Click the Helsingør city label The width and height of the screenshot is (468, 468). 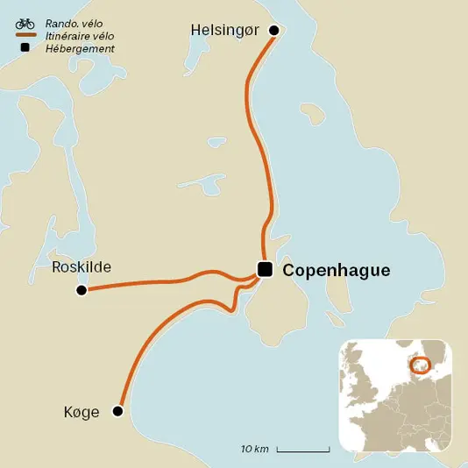[x=225, y=31]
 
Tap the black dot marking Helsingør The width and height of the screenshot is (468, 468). [x=273, y=31]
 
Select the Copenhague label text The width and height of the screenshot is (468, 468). [x=337, y=271]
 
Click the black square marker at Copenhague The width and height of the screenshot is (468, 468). [x=265, y=269]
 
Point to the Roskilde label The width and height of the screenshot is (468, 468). [x=82, y=268]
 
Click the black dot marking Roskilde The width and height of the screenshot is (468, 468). [x=82, y=290]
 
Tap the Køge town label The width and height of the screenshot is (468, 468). [x=82, y=412]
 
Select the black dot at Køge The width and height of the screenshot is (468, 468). [x=117, y=411]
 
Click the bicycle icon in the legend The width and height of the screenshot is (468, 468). [x=25, y=23]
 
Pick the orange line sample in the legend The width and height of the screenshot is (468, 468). [x=25, y=36]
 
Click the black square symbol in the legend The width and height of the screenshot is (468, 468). [x=25, y=48]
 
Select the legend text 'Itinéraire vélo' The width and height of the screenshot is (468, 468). [x=79, y=36]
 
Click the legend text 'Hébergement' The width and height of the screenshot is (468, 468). [x=79, y=48]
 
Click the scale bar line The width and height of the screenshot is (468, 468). [x=303, y=450]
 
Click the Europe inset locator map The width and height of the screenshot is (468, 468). [x=395, y=394]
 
